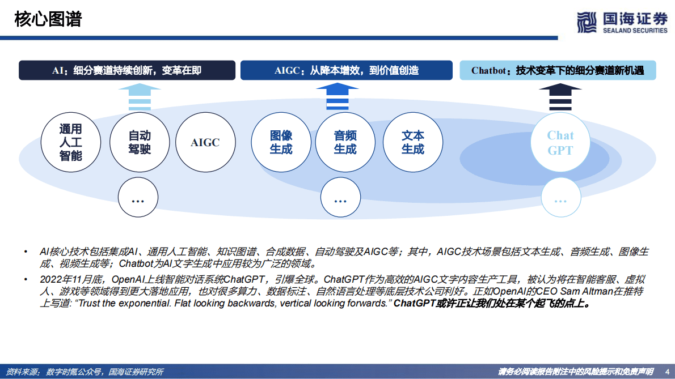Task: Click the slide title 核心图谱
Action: [x=49, y=19]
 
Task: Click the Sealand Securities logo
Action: [x=622, y=22]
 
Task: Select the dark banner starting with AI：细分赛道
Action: [x=127, y=70]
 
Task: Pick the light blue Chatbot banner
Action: [x=558, y=70]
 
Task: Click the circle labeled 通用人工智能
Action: [x=71, y=142]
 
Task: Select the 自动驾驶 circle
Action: [x=139, y=142]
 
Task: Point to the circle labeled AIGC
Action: [x=205, y=142]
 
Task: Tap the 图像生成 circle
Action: [x=281, y=142]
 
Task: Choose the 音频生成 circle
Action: [x=345, y=142]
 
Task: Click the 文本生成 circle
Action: [x=412, y=142]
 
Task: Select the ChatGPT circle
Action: [x=560, y=142]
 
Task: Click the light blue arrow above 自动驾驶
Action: [x=140, y=96]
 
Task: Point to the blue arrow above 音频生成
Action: [x=337, y=96]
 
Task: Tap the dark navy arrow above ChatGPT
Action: [x=560, y=96]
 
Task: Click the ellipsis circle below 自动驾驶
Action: [x=138, y=198]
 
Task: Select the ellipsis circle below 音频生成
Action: [x=340, y=198]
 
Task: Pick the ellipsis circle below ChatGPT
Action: [x=560, y=198]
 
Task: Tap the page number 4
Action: [x=666, y=372]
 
